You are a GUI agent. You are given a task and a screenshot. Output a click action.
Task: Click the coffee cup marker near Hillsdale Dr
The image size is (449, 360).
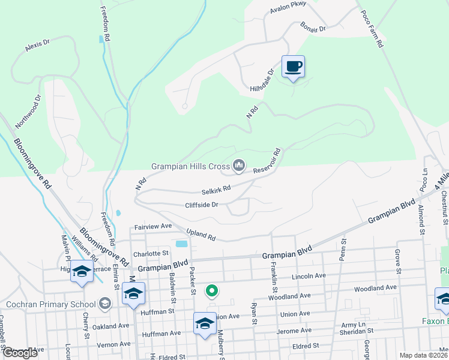(x=293, y=67)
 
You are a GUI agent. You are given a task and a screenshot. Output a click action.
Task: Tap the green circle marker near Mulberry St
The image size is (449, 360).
(x=211, y=292)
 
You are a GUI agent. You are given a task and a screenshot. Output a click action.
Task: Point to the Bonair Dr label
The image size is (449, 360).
(x=313, y=28)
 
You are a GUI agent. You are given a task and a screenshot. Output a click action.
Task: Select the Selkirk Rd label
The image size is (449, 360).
(x=217, y=189)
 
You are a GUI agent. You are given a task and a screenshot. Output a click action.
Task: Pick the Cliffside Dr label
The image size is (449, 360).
(x=202, y=205)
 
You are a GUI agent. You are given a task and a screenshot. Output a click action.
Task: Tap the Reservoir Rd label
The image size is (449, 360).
(x=267, y=161)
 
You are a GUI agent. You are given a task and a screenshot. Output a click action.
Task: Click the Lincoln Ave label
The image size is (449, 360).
(x=307, y=275)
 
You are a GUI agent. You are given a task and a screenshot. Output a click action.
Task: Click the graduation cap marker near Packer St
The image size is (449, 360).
(x=205, y=323)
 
